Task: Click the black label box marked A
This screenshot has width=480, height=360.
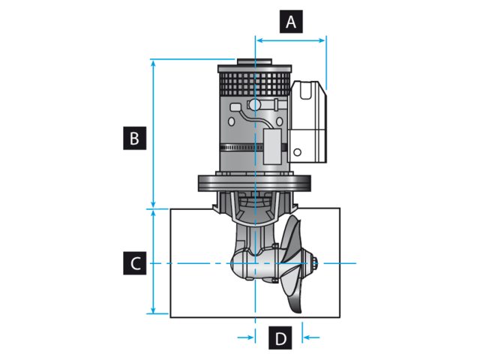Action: [291, 22]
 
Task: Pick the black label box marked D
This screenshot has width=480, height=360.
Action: [280, 338]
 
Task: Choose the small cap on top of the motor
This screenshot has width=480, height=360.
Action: [245, 62]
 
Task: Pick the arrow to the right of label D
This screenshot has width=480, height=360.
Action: [308, 338]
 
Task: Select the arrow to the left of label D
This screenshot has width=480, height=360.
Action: [247, 338]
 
